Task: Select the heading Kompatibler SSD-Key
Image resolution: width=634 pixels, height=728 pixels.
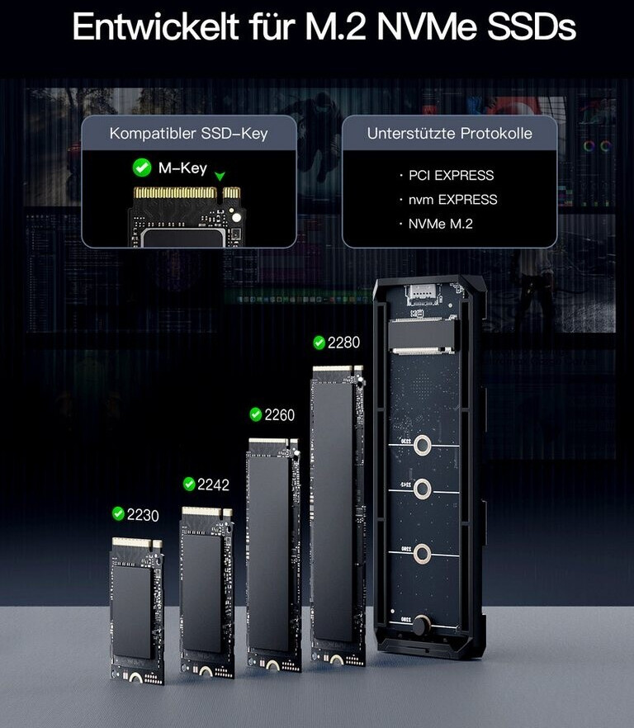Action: coord(188,133)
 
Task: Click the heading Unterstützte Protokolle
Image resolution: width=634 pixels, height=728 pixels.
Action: coord(449,133)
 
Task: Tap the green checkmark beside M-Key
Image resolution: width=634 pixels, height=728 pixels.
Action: coord(142,168)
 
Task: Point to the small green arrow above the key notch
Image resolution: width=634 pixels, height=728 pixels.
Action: coord(219,176)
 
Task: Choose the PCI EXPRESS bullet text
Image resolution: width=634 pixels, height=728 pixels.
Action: coord(451,175)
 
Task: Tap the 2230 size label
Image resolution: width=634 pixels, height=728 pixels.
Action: coord(142,514)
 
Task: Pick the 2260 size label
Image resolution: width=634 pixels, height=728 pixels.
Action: coord(279,414)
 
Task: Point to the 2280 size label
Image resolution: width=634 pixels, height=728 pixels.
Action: coord(343,343)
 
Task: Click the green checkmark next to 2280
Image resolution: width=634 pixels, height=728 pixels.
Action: coord(319,343)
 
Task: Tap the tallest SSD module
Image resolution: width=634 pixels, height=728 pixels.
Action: coord(338,512)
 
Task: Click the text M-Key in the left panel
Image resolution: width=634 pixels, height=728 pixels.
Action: coord(182,168)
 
